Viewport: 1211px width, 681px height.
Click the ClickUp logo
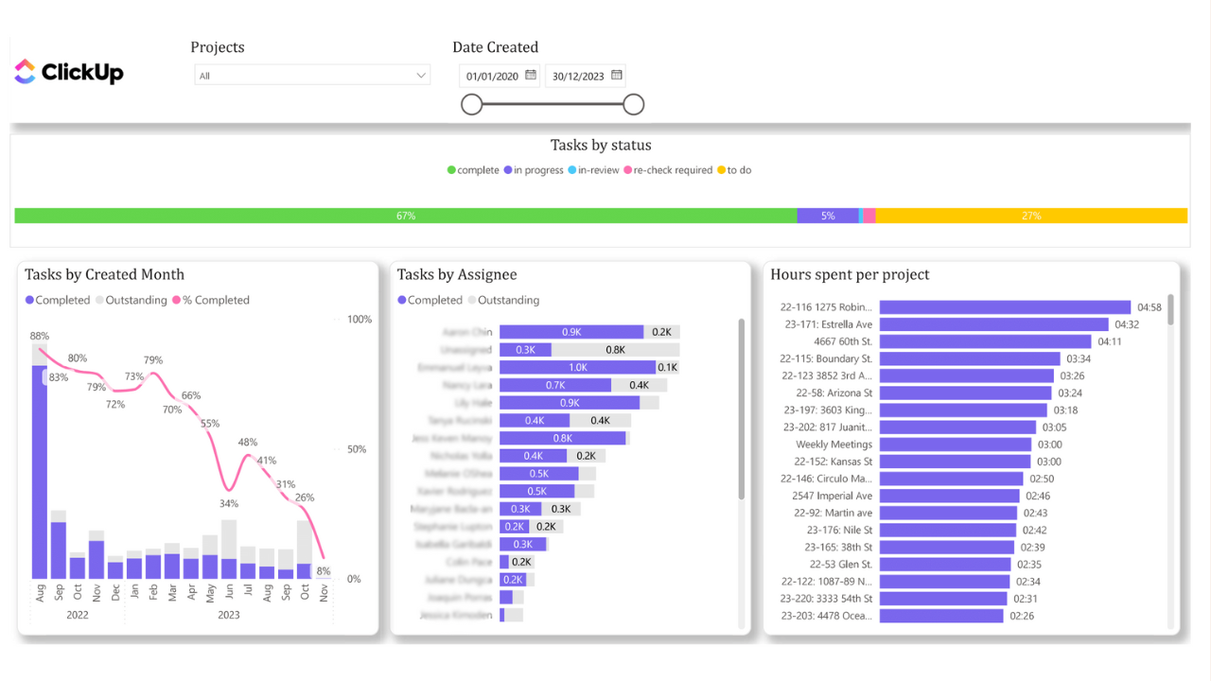pyautogui.click(x=69, y=72)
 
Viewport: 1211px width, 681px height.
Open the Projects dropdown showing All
pyautogui.click(x=312, y=76)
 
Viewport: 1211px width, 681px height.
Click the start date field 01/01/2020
pyautogui.click(x=492, y=76)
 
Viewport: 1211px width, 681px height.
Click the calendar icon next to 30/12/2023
pyautogui.click(x=617, y=75)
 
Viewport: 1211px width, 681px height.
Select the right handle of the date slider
pyautogui.click(x=634, y=104)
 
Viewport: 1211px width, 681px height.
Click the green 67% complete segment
pyautogui.click(x=405, y=216)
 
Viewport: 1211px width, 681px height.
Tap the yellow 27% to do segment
pyautogui.click(x=1031, y=216)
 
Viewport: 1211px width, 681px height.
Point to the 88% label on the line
pyautogui.click(x=39, y=336)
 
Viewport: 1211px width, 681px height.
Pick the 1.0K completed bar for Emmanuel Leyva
pyautogui.click(x=577, y=367)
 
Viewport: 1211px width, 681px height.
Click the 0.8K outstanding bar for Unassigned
pyautogui.click(x=615, y=350)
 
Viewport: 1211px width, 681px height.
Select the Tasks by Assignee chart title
pyautogui.click(x=457, y=274)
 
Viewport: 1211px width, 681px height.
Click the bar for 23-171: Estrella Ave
pyautogui.click(x=993, y=324)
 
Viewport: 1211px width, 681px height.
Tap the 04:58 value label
pyautogui.click(x=1150, y=307)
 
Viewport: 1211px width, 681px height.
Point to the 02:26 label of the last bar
pyautogui.click(x=1022, y=616)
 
